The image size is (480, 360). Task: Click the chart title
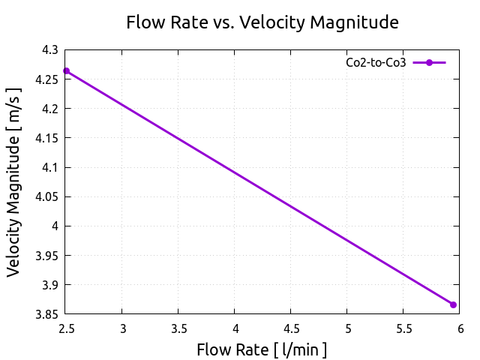pyautogui.click(x=262, y=22)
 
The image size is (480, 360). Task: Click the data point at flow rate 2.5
pyautogui.click(x=66, y=71)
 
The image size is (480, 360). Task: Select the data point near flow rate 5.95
pyautogui.click(x=453, y=304)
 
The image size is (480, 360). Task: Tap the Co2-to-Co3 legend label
pyautogui.click(x=376, y=63)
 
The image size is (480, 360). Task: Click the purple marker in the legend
pyautogui.click(x=429, y=63)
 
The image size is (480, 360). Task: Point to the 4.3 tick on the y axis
pyautogui.click(x=51, y=50)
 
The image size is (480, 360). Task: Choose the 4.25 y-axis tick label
pyautogui.click(x=48, y=79)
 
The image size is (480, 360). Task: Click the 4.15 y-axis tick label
pyautogui.click(x=48, y=138)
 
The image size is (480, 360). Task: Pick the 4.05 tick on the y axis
pyautogui.click(x=48, y=196)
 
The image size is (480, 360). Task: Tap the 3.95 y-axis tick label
pyautogui.click(x=48, y=256)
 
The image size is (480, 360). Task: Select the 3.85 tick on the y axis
pyautogui.click(x=48, y=314)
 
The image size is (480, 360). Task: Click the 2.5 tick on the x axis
pyautogui.click(x=66, y=328)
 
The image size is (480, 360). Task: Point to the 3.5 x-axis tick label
pyautogui.click(x=178, y=328)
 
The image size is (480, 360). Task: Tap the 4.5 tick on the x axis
pyautogui.click(x=291, y=328)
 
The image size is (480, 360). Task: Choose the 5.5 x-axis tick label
pyautogui.click(x=403, y=328)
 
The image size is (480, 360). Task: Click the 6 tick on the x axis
pyautogui.click(x=460, y=328)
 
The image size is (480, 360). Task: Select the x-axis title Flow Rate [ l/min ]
pyautogui.click(x=262, y=349)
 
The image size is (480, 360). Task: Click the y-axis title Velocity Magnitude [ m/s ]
pyautogui.click(x=15, y=182)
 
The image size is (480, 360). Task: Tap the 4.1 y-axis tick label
pyautogui.click(x=51, y=167)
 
